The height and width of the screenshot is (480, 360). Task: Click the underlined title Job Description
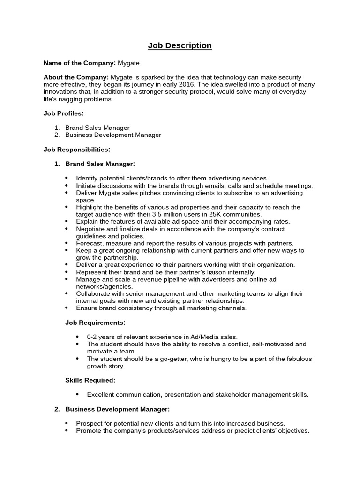click(x=180, y=45)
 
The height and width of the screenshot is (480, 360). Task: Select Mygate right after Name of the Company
click(x=128, y=62)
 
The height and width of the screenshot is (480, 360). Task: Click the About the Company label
click(x=76, y=77)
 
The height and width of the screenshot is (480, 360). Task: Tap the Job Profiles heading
click(x=63, y=113)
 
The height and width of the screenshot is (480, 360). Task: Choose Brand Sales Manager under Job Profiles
click(x=97, y=127)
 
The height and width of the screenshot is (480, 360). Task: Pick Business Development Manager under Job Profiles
click(x=113, y=135)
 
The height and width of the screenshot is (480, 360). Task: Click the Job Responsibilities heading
click(x=77, y=150)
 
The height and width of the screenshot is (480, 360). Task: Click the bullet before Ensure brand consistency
click(x=66, y=308)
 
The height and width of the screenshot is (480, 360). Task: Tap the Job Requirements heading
click(x=95, y=322)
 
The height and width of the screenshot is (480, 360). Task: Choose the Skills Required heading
click(x=90, y=380)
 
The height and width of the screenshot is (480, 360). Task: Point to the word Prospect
click(x=89, y=423)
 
